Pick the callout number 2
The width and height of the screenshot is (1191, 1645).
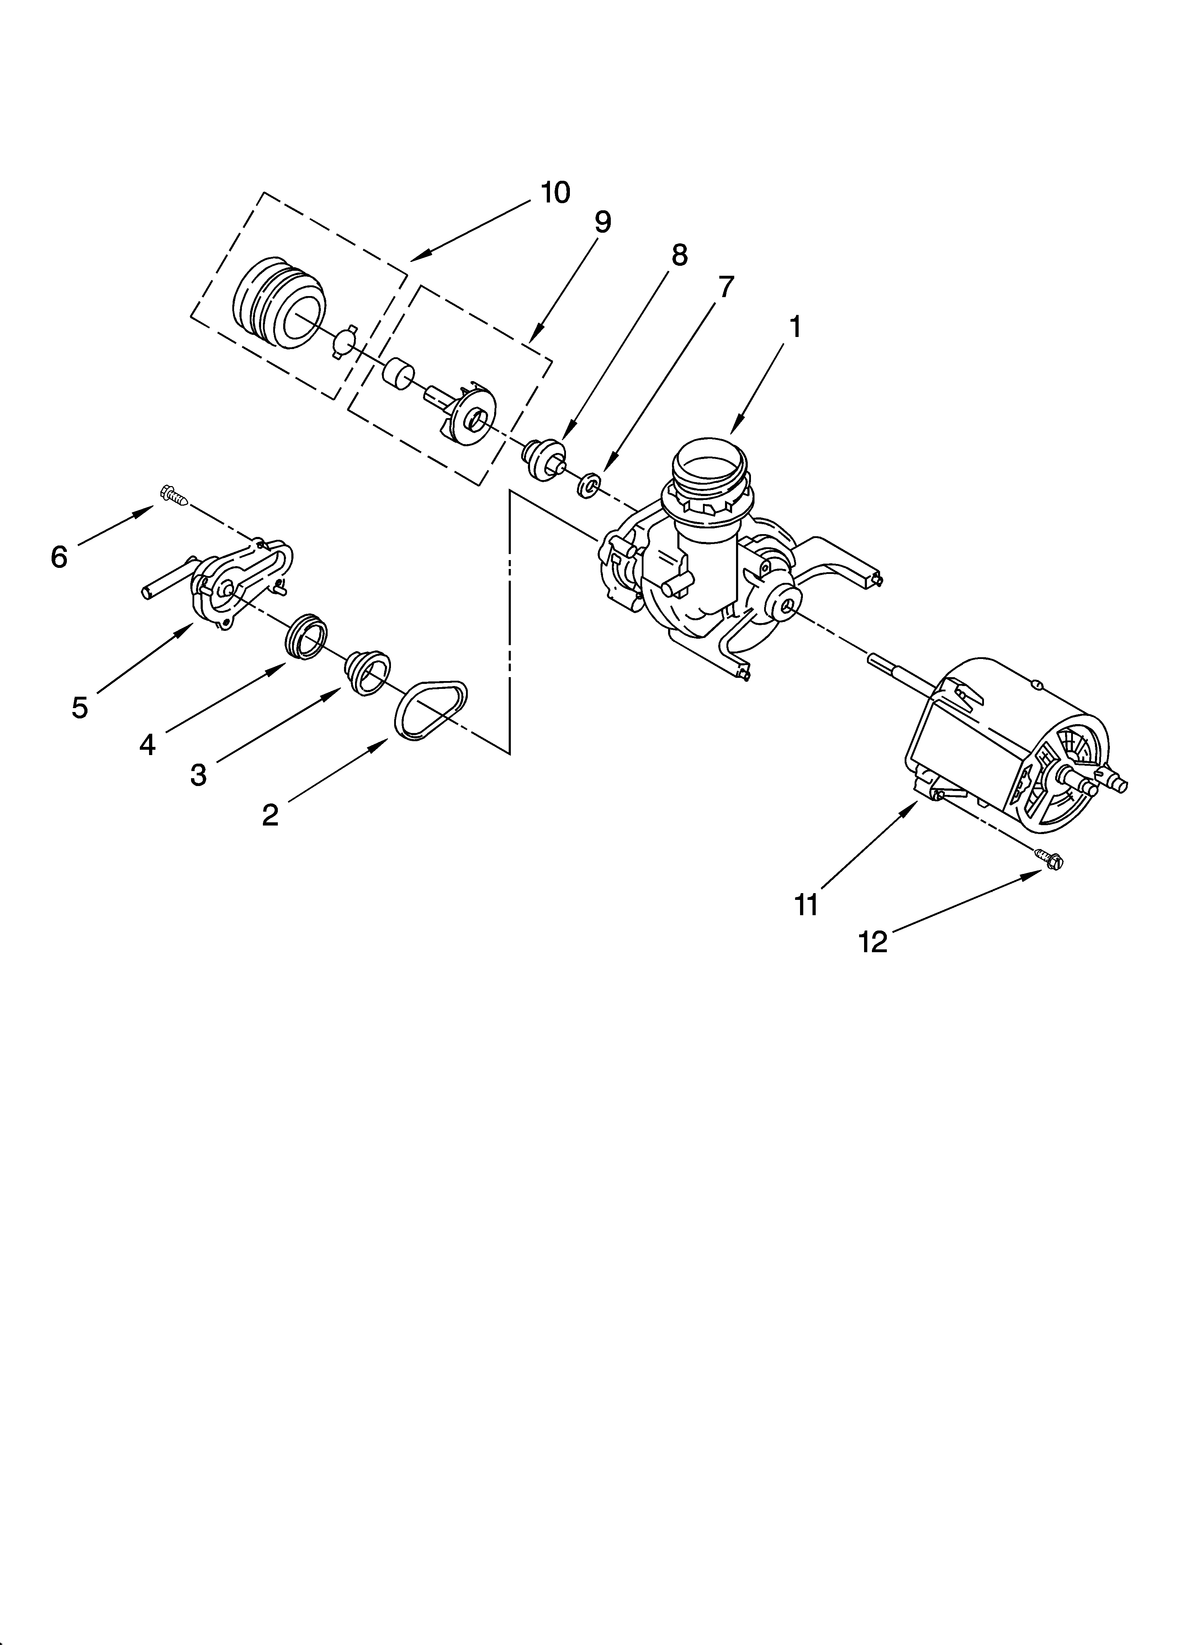click(x=270, y=815)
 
